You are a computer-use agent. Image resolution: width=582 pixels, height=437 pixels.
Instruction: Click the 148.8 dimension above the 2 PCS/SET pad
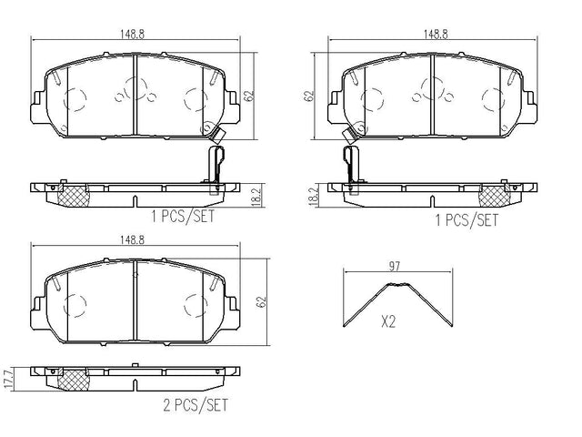(x=132, y=240)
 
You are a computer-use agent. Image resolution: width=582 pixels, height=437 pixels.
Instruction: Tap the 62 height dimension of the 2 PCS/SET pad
(x=263, y=301)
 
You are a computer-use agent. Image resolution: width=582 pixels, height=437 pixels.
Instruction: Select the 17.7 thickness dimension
(x=9, y=379)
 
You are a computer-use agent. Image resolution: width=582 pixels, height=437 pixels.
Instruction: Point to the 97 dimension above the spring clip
(x=395, y=266)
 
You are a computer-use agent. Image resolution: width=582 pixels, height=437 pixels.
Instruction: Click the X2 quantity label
(x=388, y=321)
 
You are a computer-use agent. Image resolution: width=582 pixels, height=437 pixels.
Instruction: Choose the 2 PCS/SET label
(x=196, y=405)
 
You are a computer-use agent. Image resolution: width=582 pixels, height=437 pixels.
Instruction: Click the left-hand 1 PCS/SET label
(x=183, y=216)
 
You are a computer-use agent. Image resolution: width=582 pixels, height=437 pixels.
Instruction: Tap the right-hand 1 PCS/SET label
(x=467, y=220)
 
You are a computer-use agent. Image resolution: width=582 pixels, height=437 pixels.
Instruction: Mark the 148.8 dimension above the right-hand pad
(x=436, y=35)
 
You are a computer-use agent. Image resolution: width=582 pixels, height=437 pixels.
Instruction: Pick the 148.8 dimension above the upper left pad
(x=132, y=35)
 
